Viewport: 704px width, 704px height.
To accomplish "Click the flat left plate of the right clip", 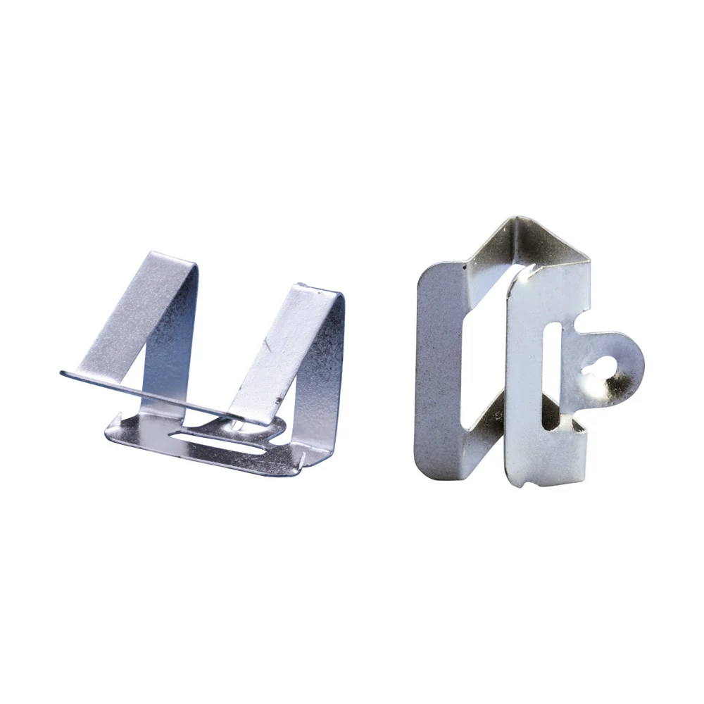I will coord(438,366).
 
